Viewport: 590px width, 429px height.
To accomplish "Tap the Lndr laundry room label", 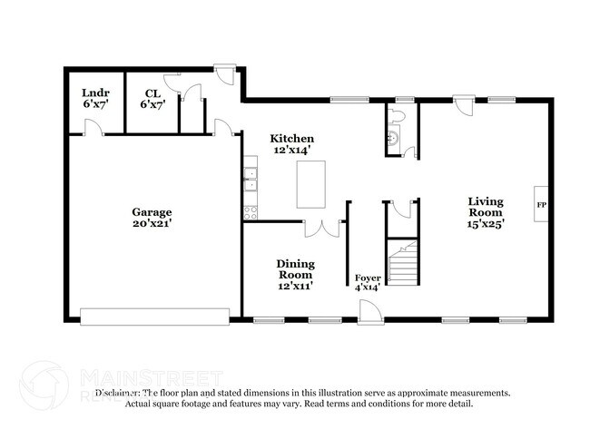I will (94, 93).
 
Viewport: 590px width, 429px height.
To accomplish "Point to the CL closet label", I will (152, 93).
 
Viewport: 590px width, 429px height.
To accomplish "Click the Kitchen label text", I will (292, 138).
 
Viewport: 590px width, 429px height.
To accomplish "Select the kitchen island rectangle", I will (310, 185).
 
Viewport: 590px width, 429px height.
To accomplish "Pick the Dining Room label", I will (295, 269).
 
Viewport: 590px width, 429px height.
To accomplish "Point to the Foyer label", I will (367, 278).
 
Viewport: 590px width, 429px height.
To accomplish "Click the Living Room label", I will (487, 206).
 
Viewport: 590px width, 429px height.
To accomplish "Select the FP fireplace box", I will (542, 204).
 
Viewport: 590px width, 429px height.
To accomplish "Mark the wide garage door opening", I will (154, 315).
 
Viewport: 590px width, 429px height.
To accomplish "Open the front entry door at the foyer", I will (369, 314).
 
